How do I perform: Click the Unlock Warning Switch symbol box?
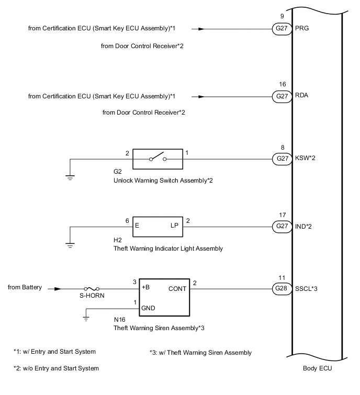[157, 158]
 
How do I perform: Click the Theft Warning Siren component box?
[157, 296]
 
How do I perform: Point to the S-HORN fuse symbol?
[92, 288]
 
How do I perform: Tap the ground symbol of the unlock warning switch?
[70, 177]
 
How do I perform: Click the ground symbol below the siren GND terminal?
[86, 318]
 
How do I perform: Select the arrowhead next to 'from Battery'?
[57, 288]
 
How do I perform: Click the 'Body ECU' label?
[317, 368]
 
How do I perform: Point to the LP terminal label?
[174, 226]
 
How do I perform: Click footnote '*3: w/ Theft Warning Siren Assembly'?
[200, 353]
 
